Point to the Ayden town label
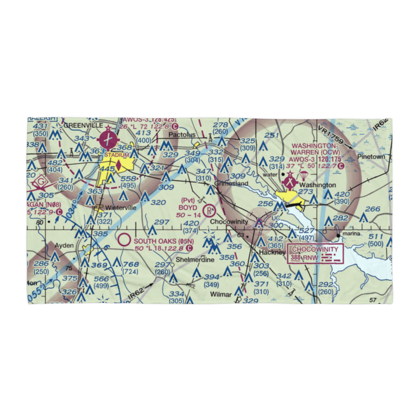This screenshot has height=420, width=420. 64,245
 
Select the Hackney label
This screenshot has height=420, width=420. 272,252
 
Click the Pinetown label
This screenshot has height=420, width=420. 371,157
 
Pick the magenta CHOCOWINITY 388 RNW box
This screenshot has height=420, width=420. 315,254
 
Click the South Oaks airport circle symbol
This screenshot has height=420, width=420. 124,240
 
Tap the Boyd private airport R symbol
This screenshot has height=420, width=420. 209,210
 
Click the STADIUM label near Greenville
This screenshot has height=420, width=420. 116,155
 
